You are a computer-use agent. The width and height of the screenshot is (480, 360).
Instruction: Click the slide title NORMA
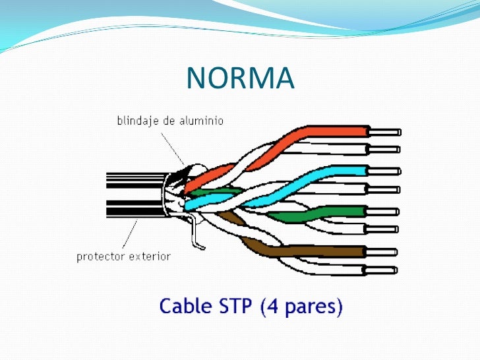(x=239, y=79)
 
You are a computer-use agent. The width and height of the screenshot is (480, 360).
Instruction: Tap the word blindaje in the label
(x=138, y=121)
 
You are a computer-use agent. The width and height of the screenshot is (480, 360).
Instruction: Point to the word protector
(x=100, y=256)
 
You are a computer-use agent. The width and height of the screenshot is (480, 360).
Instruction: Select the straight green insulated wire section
(x=343, y=212)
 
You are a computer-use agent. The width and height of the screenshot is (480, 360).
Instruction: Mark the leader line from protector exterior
(x=130, y=235)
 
